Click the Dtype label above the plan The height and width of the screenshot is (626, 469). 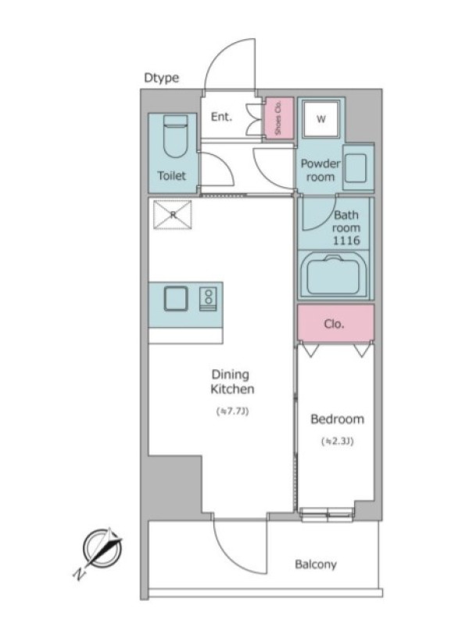coord(161,77)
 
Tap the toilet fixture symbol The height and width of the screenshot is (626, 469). coord(175,135)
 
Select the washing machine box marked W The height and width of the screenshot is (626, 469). coord(321,119)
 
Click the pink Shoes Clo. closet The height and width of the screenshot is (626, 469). coord(279,118)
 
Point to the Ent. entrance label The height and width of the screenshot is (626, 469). coord(221,117)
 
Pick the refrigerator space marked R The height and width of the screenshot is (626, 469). coord(173,214)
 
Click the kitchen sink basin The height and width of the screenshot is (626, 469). coord(176,299)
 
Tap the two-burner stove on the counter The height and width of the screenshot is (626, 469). coord(208,299)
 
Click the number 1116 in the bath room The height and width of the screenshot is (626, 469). coord(346,240)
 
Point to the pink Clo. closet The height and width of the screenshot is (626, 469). coord(335,323)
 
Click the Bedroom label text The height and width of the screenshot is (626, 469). coord(338,419)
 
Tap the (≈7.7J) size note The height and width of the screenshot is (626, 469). coord(232,411)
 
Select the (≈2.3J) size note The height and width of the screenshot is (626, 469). coord(338,441)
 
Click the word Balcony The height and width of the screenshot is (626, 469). coord(316,564)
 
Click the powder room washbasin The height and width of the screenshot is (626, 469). coord(358,167)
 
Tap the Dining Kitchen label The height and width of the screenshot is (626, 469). coord(232,382)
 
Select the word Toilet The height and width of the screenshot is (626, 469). coord(172,175)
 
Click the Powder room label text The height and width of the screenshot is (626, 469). coord(320,170)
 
